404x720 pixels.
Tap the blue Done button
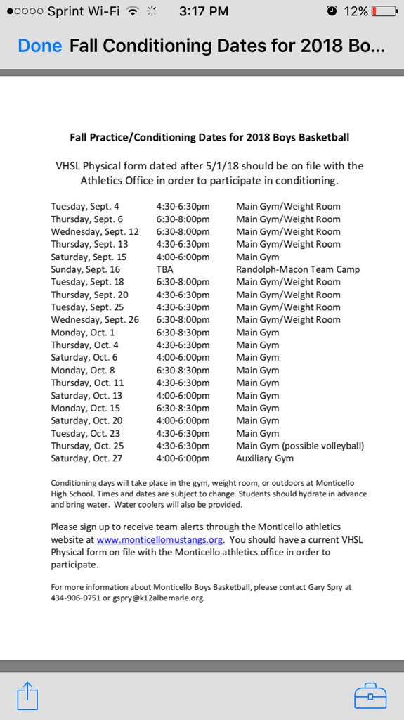click(40, 46)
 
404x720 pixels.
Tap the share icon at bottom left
click(27, 695)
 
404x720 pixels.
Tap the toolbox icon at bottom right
click(370, 695)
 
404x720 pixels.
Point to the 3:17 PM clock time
click(204, 11)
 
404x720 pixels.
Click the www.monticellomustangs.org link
click(159, 539)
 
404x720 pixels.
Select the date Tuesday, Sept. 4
click(85, 207)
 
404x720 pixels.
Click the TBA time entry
click(164, 269)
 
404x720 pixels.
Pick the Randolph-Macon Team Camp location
click(298, 269)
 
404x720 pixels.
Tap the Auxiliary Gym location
click(265, 458)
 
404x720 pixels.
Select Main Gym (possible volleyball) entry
click(300, 446)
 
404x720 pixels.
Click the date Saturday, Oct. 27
click(87, 458)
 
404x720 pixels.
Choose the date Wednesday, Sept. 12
click(95, 232)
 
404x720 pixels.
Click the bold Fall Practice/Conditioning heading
click(209, 137)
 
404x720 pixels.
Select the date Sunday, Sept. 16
click(85, 269)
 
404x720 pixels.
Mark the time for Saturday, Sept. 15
click(183, 257)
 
